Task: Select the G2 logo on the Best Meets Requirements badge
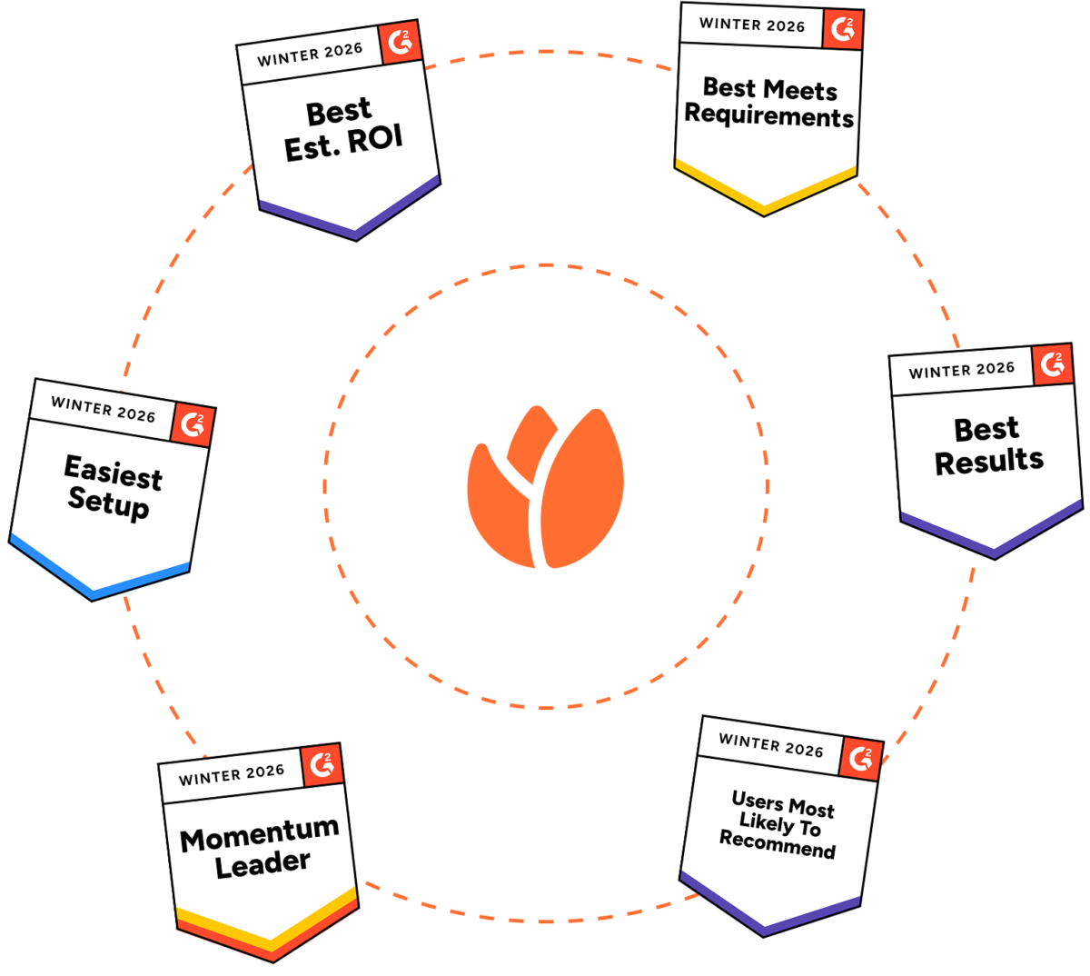point(843,30)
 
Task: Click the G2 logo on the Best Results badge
point(1053,364)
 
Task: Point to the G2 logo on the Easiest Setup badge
point(193,424)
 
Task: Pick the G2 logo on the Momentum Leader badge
point(322,765)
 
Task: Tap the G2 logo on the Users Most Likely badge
point(860,759)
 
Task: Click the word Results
point(989,462)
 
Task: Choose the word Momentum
point(260,834)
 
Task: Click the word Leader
point(263,864)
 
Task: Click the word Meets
point(799,89)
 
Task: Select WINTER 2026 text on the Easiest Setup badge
point(103,408)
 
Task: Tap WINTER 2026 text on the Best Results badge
point(961,370)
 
